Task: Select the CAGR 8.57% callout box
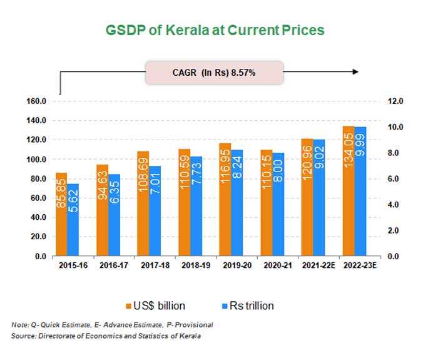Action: coord(213,72)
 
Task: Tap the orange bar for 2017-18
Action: coord(142,203)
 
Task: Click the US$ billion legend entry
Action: coord(158,306)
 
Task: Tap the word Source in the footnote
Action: coord(24,337)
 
